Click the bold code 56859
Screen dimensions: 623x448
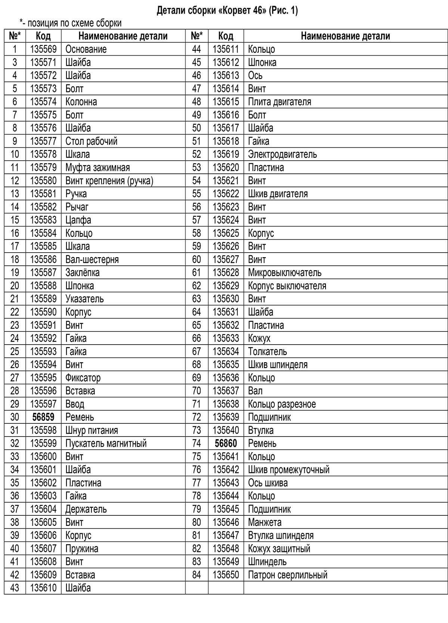coord(43,417)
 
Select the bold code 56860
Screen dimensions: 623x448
coord(226,443)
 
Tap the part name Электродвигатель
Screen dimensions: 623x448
coord(282,154)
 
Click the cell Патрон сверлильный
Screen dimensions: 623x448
coord(287,575)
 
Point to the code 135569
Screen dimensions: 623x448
coord(43,49)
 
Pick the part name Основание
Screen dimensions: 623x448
coord(86,49)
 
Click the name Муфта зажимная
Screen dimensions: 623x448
coord(97,167)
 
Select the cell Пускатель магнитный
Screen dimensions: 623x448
coord(106,443)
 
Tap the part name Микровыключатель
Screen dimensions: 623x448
coord(284,272)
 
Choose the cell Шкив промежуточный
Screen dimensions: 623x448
coord(289,470)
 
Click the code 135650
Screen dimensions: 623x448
coord(226,575)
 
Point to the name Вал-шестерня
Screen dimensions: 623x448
coord(92,259)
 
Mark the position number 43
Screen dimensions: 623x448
coord(15,588)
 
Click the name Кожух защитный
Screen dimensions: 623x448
coord(279,549)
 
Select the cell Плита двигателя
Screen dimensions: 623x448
coord(279,102)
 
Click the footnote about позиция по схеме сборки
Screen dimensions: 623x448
coord(71,23)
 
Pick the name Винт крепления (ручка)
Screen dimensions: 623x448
coord(109,181)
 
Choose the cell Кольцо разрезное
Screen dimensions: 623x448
coord(282,404)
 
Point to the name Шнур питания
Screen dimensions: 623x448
coord(91,430)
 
